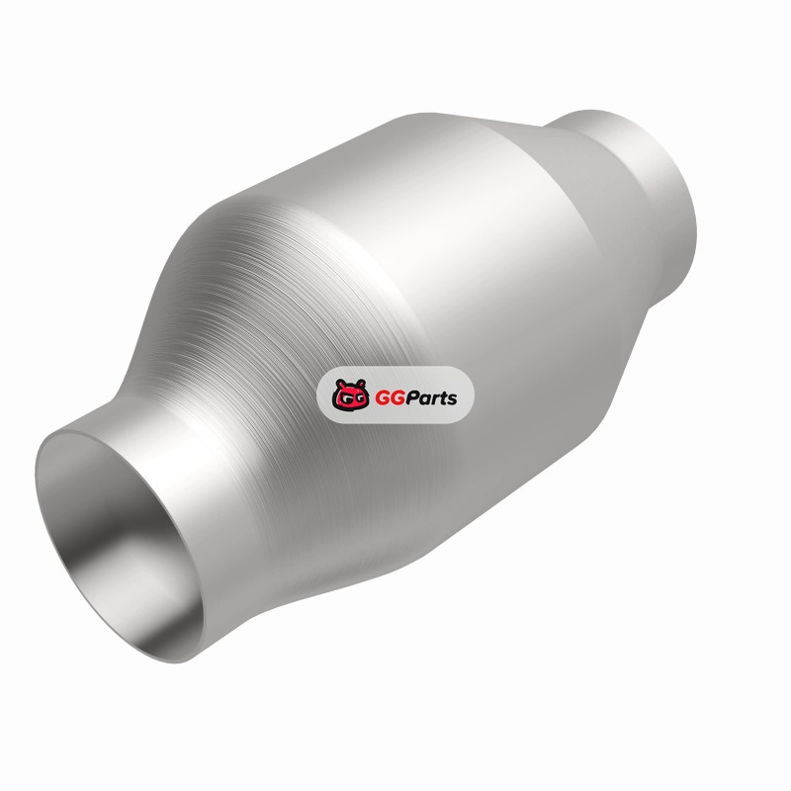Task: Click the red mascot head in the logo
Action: (x=350, y=395)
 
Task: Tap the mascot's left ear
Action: (x=339, y=384)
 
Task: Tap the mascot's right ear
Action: (x=361, y=384)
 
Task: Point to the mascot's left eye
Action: (x=343, y=398)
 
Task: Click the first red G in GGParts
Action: (x=382, y=398)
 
